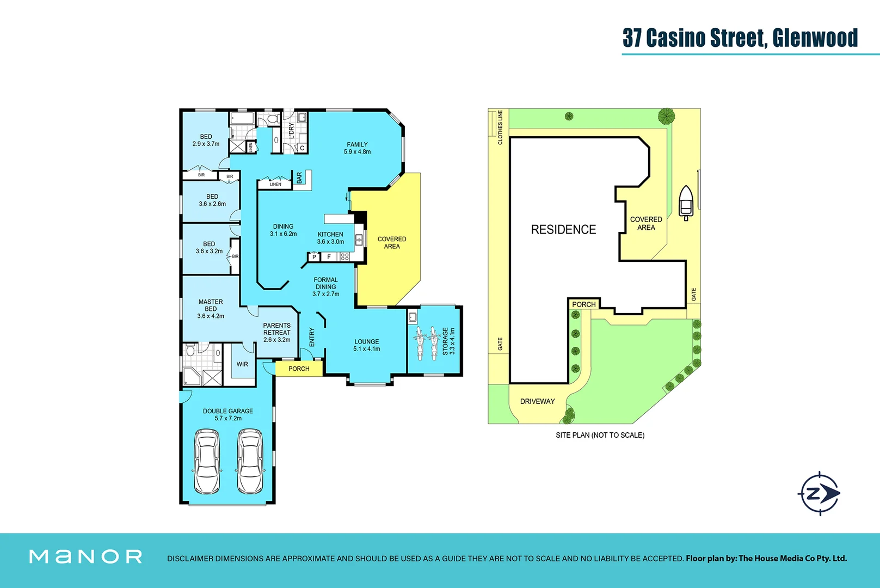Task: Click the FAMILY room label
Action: click(x=357, y=145)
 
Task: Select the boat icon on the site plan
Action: click(x=686, y=203)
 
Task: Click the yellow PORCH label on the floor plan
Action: click(x=299, y=369)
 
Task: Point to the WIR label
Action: click(x=242, y=364)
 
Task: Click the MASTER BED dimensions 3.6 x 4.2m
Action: click(x=211, y=316)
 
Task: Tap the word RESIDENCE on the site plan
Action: click(x=563, y=230)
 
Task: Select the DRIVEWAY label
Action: click(x=537, y=401)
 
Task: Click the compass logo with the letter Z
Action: click(x=819, y=493)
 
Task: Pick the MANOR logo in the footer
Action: click(x=85, y=556)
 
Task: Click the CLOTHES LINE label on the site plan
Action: click(x=500, y=127)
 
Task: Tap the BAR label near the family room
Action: click(x=299, y=177)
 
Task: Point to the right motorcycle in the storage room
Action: click(x=434, y=343)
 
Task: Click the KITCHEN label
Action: click(x=330, y=235)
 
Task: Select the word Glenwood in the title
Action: click(x=815, y=38)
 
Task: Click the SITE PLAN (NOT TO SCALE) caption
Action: click(x=600, y=435)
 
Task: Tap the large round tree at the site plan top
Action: click(x=666, y=115)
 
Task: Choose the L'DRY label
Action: click(x=291, y=131)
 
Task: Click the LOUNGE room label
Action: click(x=366, y=342)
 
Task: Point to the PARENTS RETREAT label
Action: click(x=276, y=329)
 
